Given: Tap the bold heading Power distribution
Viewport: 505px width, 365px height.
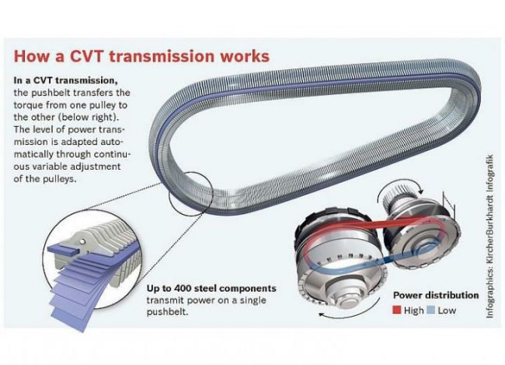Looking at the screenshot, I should pos(435,296).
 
